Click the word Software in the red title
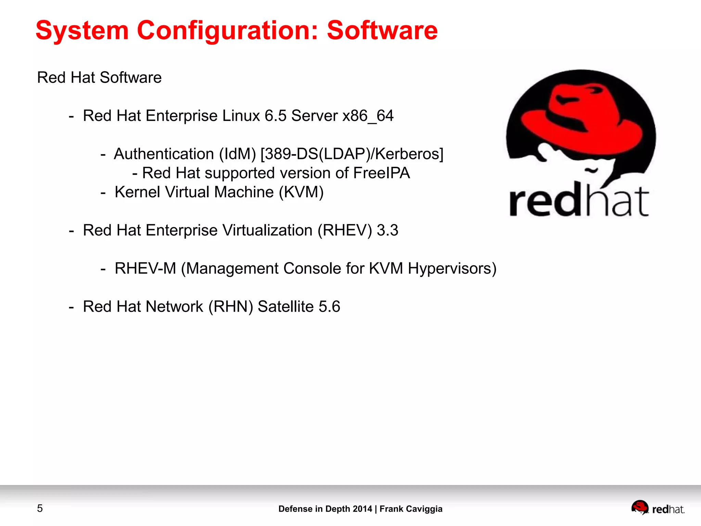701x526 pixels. point(382,30)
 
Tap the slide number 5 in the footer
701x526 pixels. point(40,509)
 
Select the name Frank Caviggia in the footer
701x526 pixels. point(411,509)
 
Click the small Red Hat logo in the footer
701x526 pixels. point(658,508)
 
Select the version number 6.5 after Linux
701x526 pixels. point(276,116)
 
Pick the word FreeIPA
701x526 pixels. point(381,173)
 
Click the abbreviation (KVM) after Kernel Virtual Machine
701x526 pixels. point(301,192)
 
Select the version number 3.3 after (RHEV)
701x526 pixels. point(387,230)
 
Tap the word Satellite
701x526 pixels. point(285,306)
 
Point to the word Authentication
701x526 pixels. point(164,154)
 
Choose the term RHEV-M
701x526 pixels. point(145,268)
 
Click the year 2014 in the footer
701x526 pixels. point(362,509)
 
